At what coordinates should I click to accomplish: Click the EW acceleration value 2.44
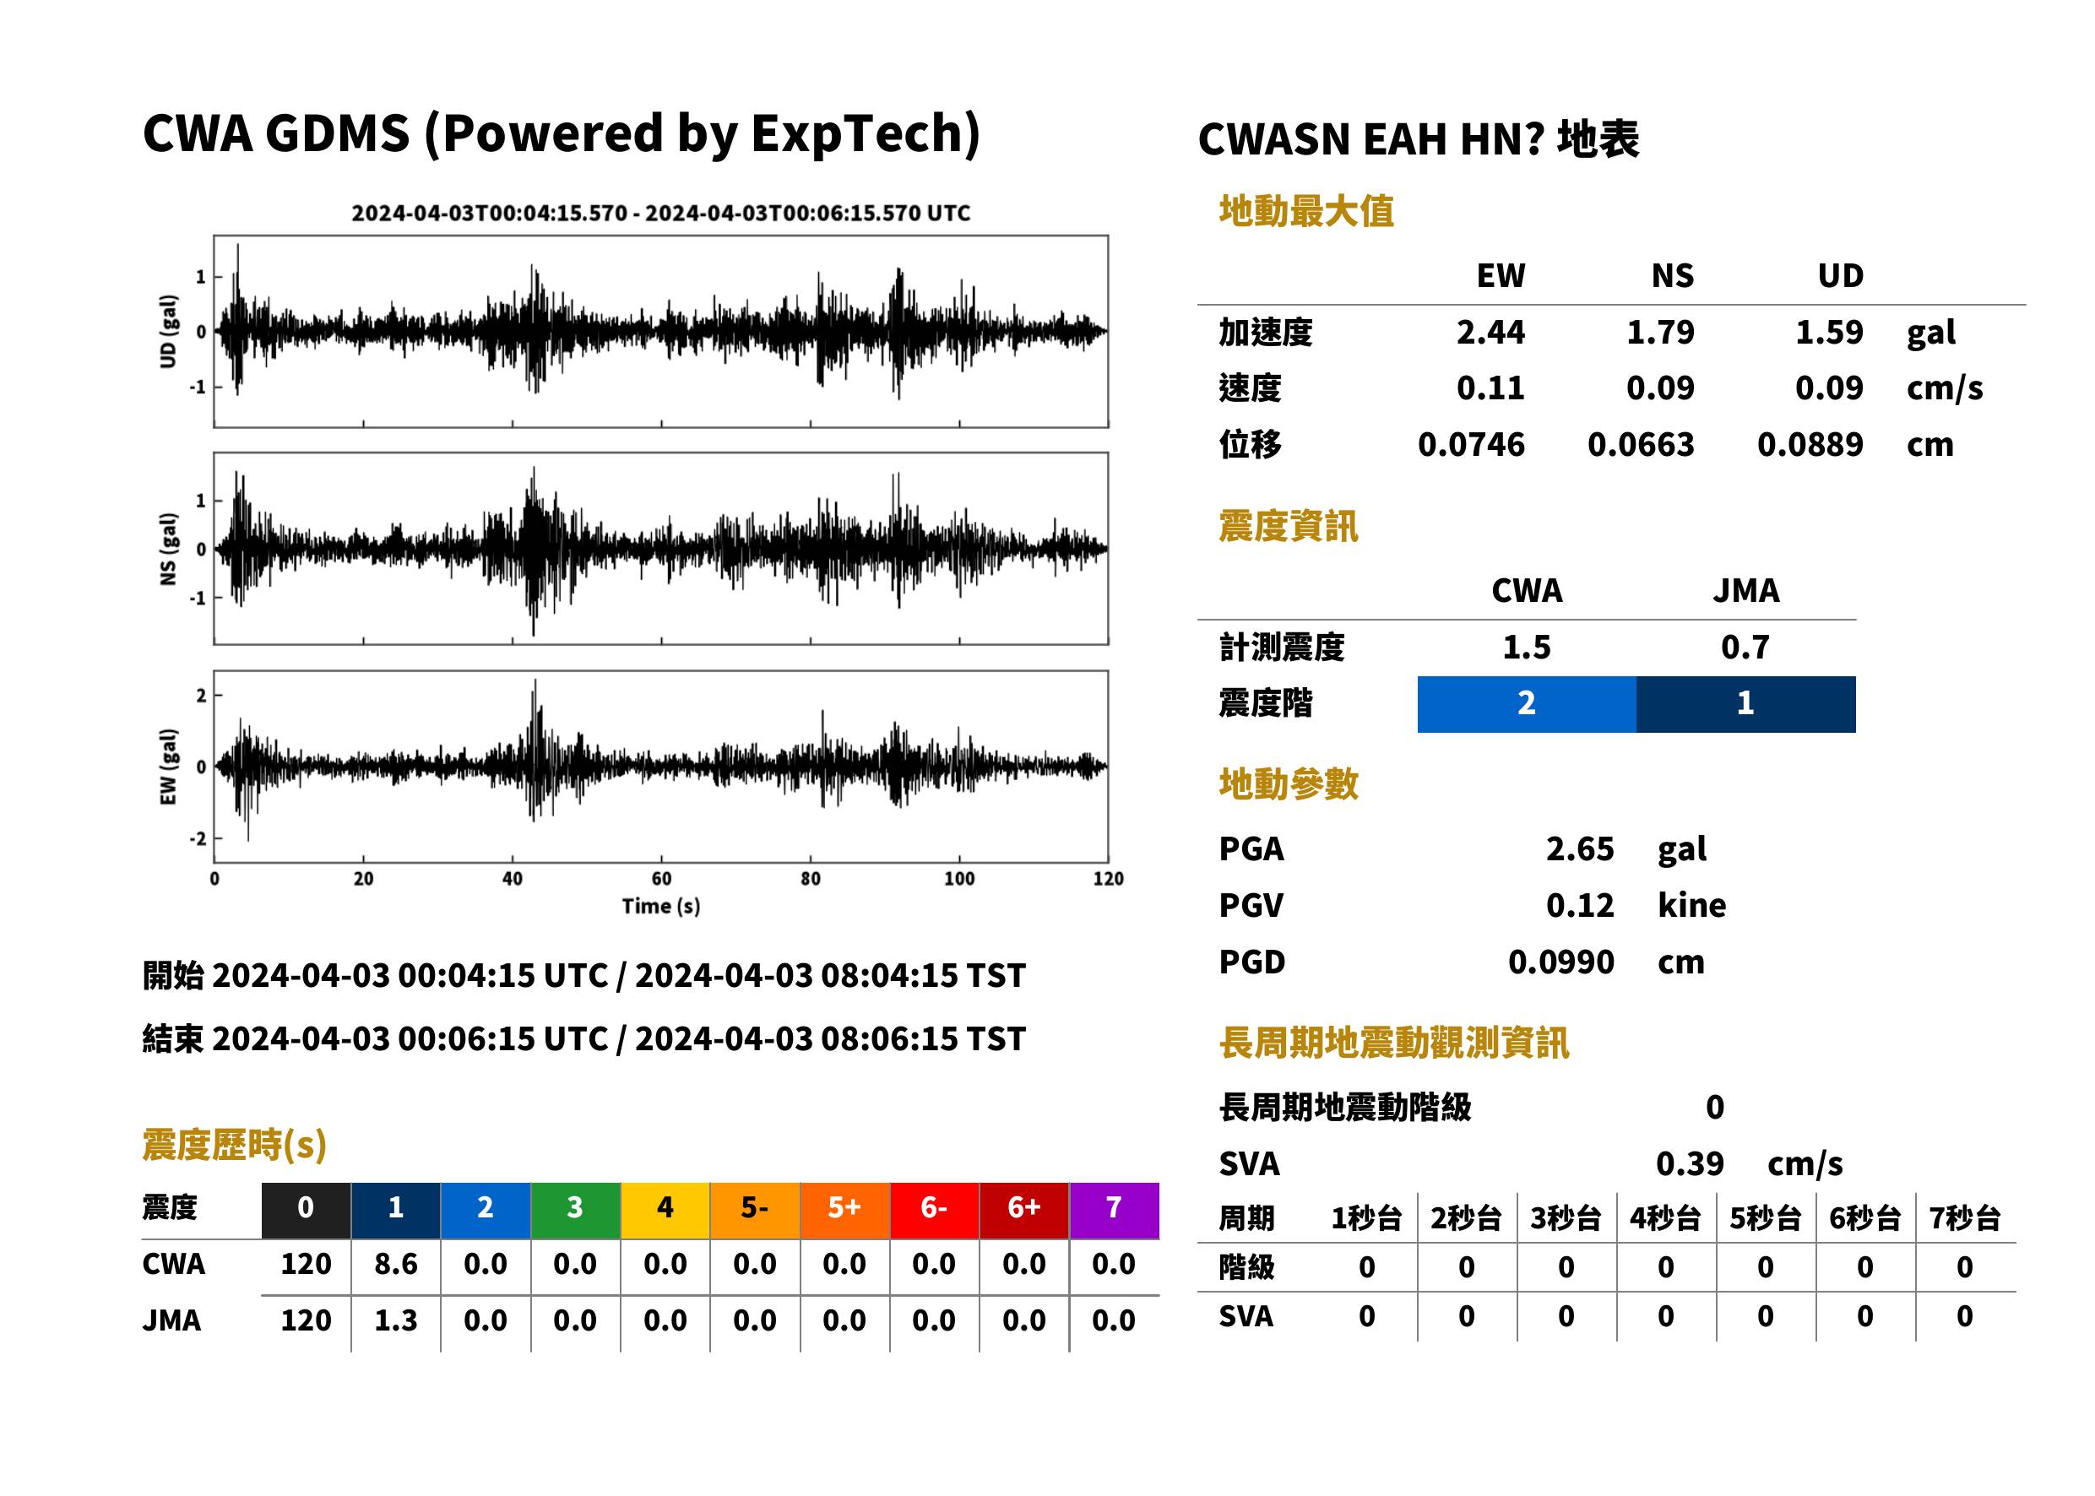coord(1490,333)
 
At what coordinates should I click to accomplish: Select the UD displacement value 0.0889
coord(1810,445)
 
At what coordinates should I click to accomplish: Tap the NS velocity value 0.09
coord(1659,388)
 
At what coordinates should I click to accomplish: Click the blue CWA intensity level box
coord(1527,704)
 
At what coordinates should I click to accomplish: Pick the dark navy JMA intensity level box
coord(1746,704)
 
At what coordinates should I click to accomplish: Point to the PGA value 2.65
coord(1579,849)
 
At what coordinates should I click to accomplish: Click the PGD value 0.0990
coord(1560,962)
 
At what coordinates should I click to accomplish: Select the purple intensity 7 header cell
coord(1114,1210)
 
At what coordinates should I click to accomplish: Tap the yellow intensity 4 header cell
coord(665,1210)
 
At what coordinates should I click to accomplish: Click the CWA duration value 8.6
coord(396,1265)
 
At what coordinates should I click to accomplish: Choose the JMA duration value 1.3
coord(396,1321)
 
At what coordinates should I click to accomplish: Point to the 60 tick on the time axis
coord(661,879)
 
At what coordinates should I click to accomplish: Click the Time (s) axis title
coord(660,907)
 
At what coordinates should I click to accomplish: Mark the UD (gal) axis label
coord(168,332)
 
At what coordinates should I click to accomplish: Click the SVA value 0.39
coord(1690,1164)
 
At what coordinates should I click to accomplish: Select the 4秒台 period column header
coord(1664,1219)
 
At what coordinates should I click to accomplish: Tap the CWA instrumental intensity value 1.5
coord(1527,648)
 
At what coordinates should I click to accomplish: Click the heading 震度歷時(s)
coord(235,1145)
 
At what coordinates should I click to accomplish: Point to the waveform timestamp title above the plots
coord(660,214)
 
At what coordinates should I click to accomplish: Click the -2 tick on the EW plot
coord(198,839)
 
